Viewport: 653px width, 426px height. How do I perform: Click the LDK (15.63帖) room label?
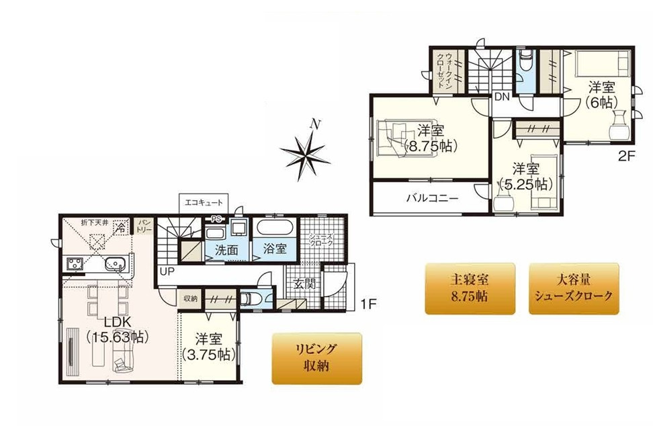[118, 329]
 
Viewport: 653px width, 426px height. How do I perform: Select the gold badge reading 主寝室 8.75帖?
[470, 288]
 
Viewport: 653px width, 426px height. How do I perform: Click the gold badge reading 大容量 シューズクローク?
[573, 288]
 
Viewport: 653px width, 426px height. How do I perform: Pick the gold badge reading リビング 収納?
[316, 359]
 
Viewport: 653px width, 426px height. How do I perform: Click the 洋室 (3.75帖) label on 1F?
[208, 347]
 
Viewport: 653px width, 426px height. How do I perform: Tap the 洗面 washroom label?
[226, 249]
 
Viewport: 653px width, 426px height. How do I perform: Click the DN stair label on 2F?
[502, 97]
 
